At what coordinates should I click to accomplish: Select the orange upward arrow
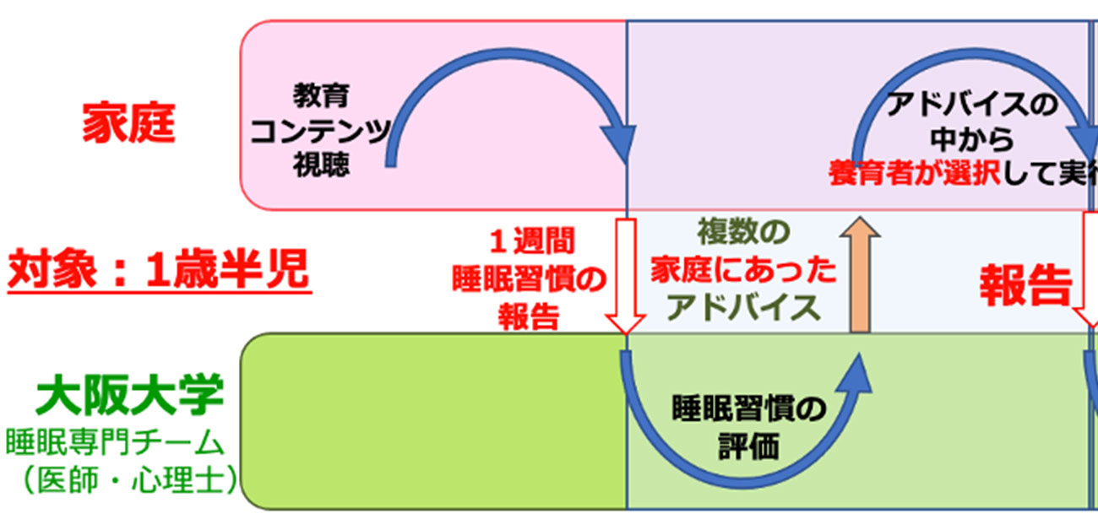[861, 274]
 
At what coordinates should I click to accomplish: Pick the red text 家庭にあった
[743, 270]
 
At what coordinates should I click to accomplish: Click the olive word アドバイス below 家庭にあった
[743, 308]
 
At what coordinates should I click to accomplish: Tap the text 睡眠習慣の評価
[747, 426]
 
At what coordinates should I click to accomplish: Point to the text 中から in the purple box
[971, 140]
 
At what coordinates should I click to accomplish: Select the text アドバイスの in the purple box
[971, 106]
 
